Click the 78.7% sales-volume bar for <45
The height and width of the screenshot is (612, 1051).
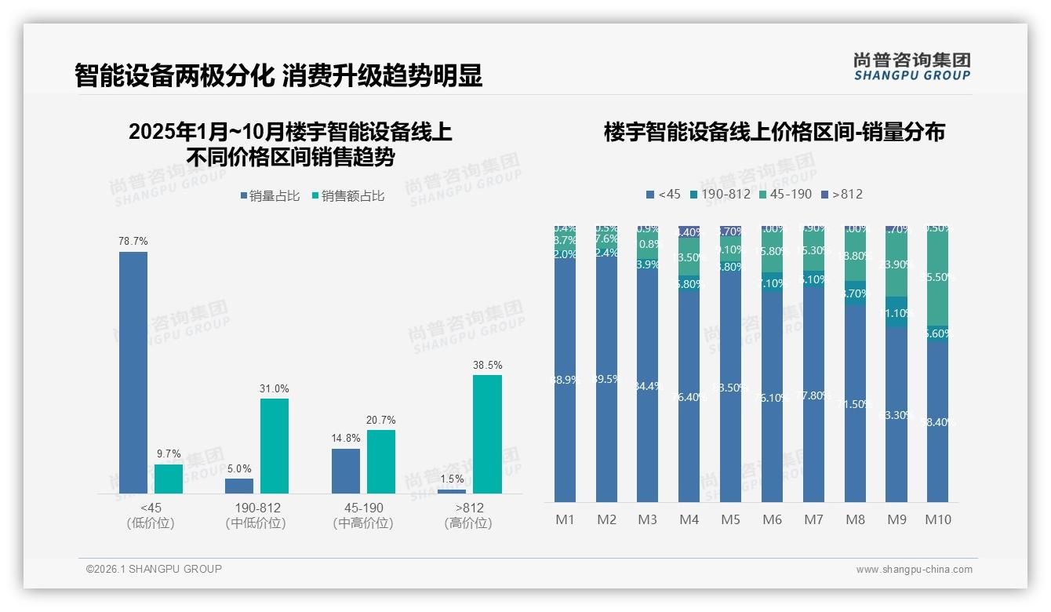click(x=133, y=373)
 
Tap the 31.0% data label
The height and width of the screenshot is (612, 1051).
click(x=275, y=388)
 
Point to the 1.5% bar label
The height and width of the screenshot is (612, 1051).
click(x=452, y=479)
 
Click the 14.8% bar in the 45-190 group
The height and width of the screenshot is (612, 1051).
click(x=346, y=471)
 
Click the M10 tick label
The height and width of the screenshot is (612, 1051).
click(x=938, y=519)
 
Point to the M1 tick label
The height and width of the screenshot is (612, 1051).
click(x=566, y=519)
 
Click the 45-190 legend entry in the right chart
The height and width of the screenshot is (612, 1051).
click(x=786, y=194)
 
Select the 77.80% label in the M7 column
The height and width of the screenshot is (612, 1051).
click(x=814, y=395)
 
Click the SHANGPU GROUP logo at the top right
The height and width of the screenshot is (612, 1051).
click(x=912, y=67)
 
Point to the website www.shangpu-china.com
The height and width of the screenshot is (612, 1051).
click(x=914, y=570)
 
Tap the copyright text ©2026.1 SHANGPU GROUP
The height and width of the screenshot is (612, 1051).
click(x=154, y=569)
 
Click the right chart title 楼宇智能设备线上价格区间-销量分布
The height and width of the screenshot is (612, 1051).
click(x=774, y=132)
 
